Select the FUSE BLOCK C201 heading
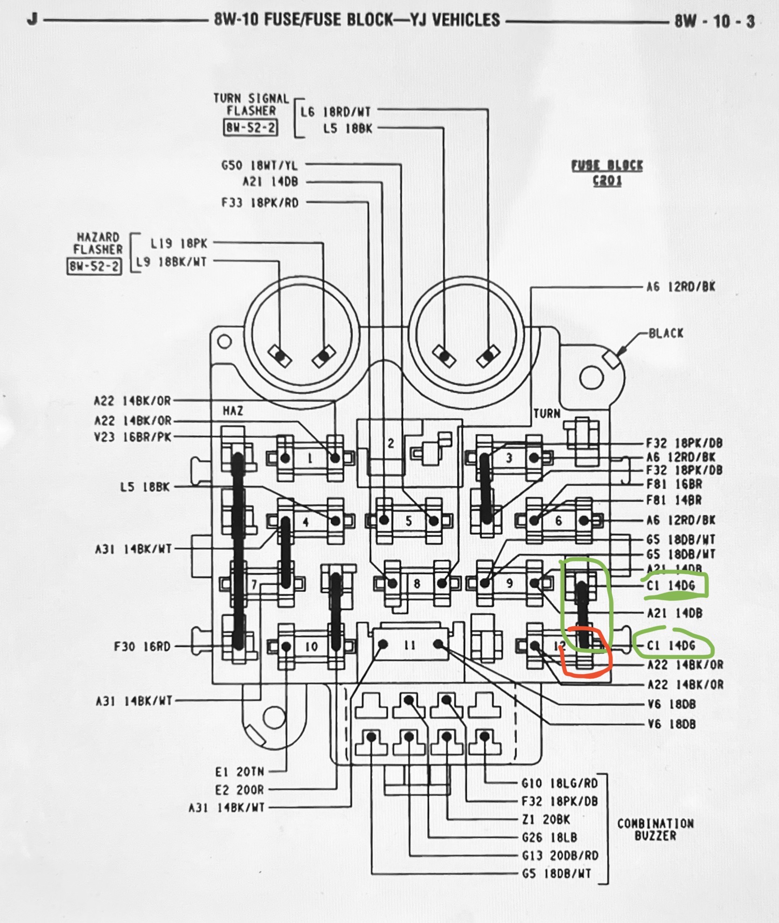pos(607,173)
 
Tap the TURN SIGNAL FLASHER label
pos(251,104)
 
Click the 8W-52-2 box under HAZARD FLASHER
pos(94,266)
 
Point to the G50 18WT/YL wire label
pos(259,165)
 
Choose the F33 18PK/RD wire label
pos(260,203)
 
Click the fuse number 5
pos(409,521)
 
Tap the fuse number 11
pos(410,646)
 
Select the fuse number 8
pos(417,583)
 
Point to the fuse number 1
pos(310,459)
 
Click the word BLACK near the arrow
pos(666,333)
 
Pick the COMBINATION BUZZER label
pos(655,830)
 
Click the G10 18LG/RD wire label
pos(559,783)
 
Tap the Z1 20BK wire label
pos(546,820)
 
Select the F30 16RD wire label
pos(142,647)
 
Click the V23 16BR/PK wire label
pos(133,437)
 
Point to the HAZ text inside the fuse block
pos(233,411)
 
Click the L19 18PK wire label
pos(179,243)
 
